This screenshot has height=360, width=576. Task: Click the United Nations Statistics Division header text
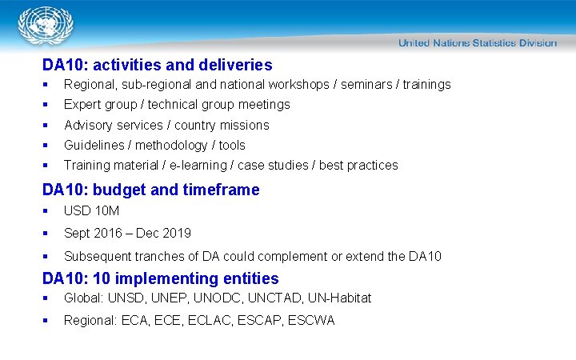pos(477,42)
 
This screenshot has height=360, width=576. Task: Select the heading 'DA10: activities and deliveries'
pos(157,66)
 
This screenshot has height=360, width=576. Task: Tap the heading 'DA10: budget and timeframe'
pos(150,190)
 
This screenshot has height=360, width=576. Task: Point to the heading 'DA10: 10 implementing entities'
pos(160,278)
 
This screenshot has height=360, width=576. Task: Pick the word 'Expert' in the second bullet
pos(82,105)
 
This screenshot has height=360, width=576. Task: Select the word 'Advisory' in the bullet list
pos(88,125)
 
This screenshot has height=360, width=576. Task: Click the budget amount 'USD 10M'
pos(91,210)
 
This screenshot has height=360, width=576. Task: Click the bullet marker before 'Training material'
pos(47,166)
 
